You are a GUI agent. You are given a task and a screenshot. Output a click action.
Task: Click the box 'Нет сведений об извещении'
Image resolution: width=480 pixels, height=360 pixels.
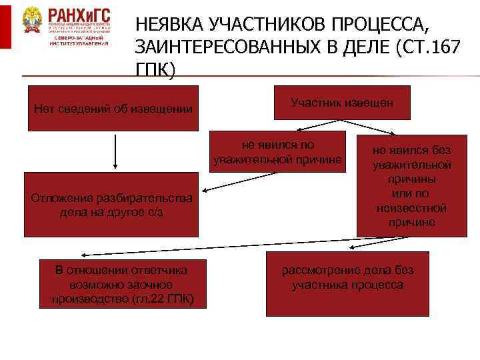tap(112, 109)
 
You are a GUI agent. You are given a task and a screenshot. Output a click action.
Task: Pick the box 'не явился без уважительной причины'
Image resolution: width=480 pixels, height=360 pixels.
tap(411, 185)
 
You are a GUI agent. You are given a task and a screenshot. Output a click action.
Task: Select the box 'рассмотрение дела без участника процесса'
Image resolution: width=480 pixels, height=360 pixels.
tap(347, 283)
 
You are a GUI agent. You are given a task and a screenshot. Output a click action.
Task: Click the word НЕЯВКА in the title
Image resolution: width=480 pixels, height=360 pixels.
tap(169, 25)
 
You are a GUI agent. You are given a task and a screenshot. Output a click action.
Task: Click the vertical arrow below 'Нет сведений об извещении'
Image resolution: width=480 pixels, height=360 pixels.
tap(116, 151)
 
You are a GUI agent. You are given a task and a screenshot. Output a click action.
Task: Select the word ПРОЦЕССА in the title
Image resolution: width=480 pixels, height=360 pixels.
tap(376, 25)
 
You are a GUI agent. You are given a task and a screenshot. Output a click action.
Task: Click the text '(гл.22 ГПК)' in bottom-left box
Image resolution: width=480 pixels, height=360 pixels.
tap(163, 299)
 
